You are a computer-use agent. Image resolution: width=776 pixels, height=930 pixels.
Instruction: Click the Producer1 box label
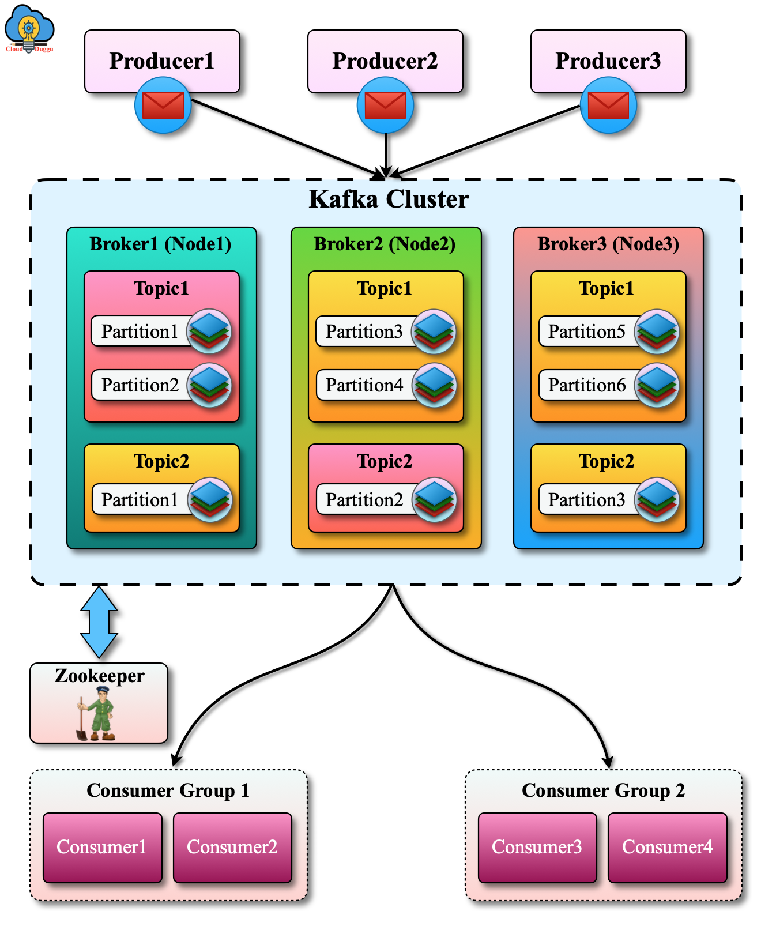coord(161,61)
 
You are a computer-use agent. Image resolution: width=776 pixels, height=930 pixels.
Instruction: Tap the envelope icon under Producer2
coord(385,106)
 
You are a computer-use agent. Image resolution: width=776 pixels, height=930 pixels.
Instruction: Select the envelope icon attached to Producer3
coord(608,106)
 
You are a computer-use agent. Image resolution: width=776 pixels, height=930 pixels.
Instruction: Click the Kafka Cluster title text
coord(389,199)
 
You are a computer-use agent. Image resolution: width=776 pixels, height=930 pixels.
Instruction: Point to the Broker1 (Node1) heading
coord(160,244)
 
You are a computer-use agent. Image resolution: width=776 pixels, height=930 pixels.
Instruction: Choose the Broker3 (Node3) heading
coord(608,244)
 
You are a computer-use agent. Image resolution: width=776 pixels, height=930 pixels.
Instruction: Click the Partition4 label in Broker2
coord(364,385)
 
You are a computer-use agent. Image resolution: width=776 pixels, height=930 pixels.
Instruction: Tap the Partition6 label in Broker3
coord(586,385)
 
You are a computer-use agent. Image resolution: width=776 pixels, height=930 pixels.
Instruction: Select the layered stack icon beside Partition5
coord(657,332)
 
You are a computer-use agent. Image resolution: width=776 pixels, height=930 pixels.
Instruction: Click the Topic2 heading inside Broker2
coord(385,461)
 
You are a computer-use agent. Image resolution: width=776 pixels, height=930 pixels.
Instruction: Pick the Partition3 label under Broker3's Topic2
coord(586,499)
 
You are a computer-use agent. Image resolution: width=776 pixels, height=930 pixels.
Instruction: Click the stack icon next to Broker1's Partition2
coord(209,385)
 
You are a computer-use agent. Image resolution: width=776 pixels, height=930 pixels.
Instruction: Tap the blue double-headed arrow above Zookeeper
coord(99,622)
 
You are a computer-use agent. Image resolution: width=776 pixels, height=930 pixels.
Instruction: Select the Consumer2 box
coord(232,847)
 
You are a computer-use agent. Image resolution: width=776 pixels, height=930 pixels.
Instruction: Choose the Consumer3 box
coord(537,847)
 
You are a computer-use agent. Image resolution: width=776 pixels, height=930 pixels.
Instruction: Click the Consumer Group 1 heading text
coord(168,790)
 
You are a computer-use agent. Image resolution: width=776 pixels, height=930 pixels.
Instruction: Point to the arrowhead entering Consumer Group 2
coord(608,762)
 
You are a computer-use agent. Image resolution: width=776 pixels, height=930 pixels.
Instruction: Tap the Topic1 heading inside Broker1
coord(161,288)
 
